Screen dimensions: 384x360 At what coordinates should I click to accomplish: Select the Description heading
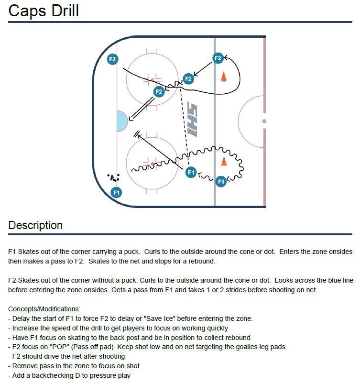point(35,225)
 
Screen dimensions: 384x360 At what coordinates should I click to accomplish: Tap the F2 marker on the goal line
point(112,59)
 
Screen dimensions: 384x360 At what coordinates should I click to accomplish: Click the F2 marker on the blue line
point(218,58)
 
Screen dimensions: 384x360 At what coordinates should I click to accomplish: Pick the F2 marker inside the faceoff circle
point(159,91)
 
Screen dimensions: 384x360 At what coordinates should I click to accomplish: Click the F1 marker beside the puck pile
point(116,193)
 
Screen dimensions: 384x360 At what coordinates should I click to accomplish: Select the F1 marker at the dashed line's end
point(191,172)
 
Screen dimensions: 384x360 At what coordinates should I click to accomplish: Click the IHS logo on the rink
point(192,121)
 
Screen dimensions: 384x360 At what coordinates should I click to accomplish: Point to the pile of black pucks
point(113,178)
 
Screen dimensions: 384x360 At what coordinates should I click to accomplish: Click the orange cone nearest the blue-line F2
point(223,77)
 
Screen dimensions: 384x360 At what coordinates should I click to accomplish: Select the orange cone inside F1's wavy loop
point(223,161)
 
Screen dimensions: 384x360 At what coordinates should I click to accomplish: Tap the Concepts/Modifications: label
point(44,309)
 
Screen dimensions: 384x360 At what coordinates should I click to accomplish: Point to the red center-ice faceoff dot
point(263,121)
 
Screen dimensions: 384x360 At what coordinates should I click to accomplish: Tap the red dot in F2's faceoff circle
point(152,79)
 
